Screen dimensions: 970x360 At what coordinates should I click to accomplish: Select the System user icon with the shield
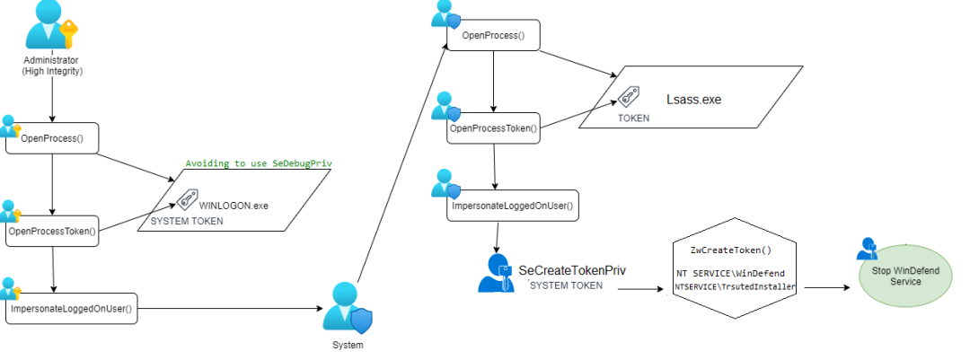point(347,308)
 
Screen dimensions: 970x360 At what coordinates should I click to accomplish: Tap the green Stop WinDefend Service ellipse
point(905,277)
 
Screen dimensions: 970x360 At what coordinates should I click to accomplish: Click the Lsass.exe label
point(693,99)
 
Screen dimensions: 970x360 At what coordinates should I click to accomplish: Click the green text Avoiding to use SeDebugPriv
point(259,164)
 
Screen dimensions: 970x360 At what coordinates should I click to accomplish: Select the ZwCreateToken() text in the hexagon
point(731,250)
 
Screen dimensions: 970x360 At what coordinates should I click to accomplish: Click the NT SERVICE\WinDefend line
point(730,274)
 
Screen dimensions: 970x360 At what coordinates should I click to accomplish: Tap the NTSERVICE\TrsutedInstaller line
point(735,287)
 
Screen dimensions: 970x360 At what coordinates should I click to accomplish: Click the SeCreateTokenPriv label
point(572,270)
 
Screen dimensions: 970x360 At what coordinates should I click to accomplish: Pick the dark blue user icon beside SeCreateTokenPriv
point(496,273)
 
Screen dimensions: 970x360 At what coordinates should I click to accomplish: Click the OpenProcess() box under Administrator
point(53,138)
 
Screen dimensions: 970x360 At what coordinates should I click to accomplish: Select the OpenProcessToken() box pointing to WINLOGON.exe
point(53,232)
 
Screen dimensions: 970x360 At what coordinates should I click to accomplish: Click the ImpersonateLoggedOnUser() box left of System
point(72,308)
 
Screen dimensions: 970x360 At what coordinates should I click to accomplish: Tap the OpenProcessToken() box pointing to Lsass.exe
point(494,128)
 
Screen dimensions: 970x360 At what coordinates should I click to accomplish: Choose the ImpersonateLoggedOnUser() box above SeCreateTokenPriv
point(513,206)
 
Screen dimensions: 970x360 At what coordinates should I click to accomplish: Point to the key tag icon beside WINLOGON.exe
point(187,198)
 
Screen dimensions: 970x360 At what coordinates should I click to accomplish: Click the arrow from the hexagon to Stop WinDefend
point(826,287)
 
